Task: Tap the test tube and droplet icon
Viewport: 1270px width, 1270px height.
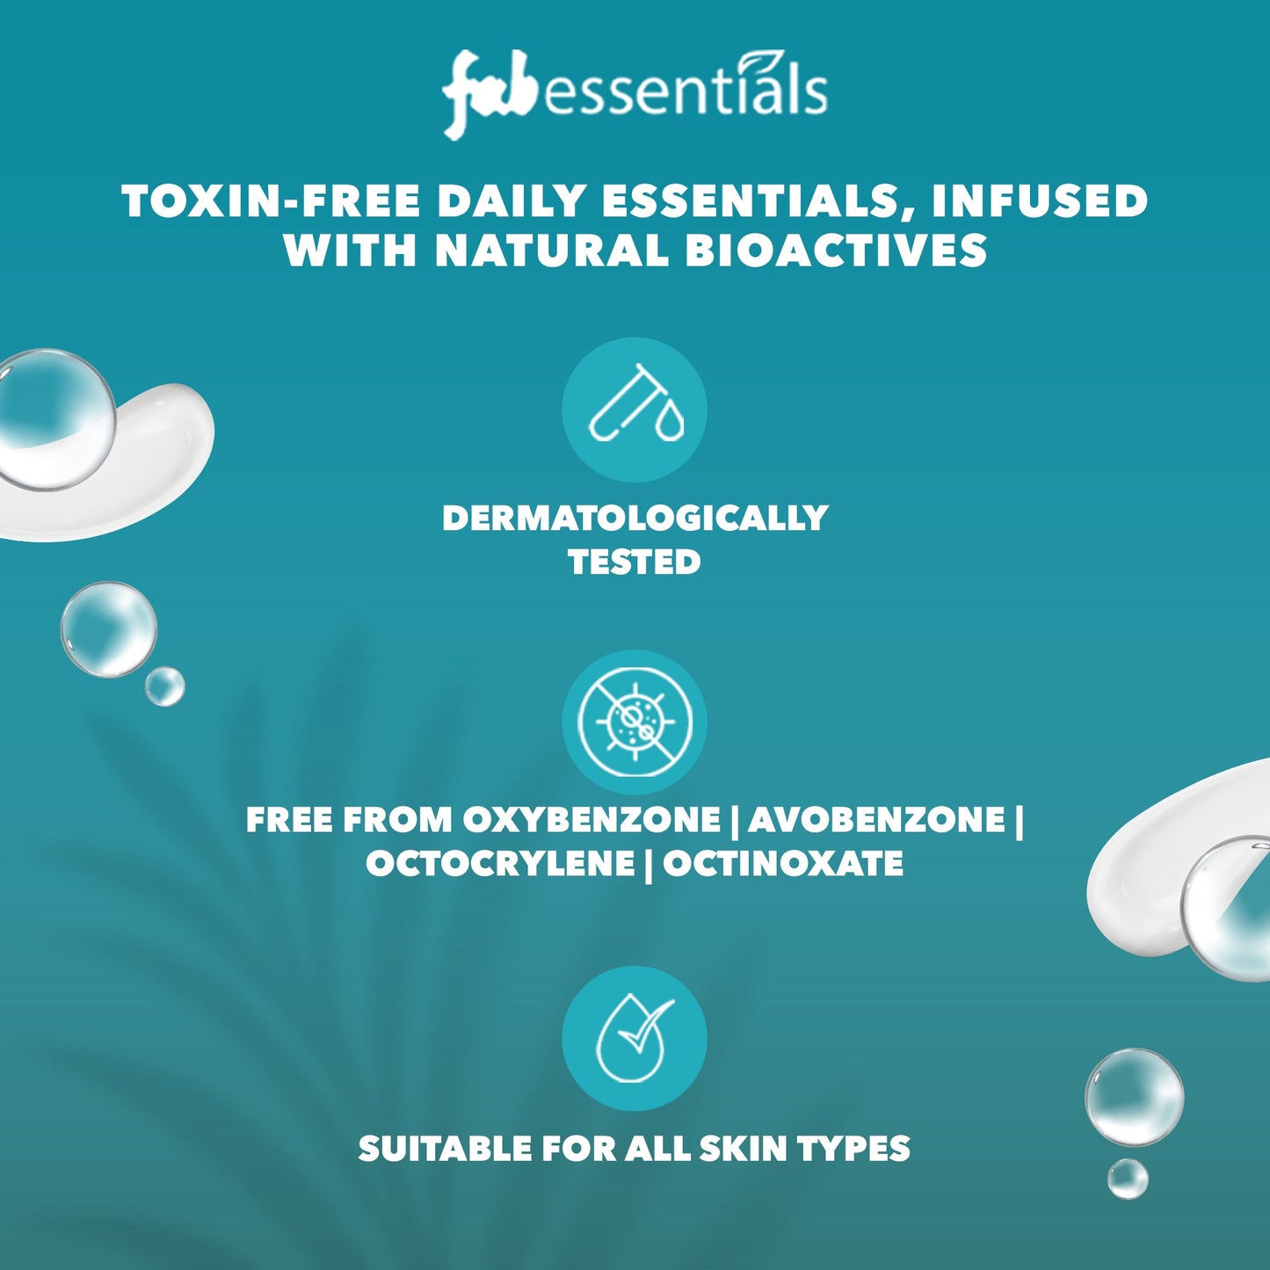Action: (x=635, y=410)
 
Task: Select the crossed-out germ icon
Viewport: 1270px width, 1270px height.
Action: (x=635, y=722)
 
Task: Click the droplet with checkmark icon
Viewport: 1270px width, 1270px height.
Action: (x=635, y=1038)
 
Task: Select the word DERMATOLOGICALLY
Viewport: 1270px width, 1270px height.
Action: (x=635, y=518)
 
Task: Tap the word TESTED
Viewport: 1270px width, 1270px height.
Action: (x=635, y=562)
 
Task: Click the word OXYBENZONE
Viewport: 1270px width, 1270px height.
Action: (x=591, y=820)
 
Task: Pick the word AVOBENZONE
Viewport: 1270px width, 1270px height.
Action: (x=876, y=820)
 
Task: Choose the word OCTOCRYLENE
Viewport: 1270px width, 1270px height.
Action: (x=500, y=864)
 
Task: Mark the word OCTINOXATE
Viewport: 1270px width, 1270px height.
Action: (x=783, y=864)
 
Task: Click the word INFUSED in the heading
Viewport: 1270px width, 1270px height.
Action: (x=1040, y=201)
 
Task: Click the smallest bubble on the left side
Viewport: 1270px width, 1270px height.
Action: (x=164, y=686)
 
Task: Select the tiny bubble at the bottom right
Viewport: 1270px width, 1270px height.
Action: (x=1128, y=1178)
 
